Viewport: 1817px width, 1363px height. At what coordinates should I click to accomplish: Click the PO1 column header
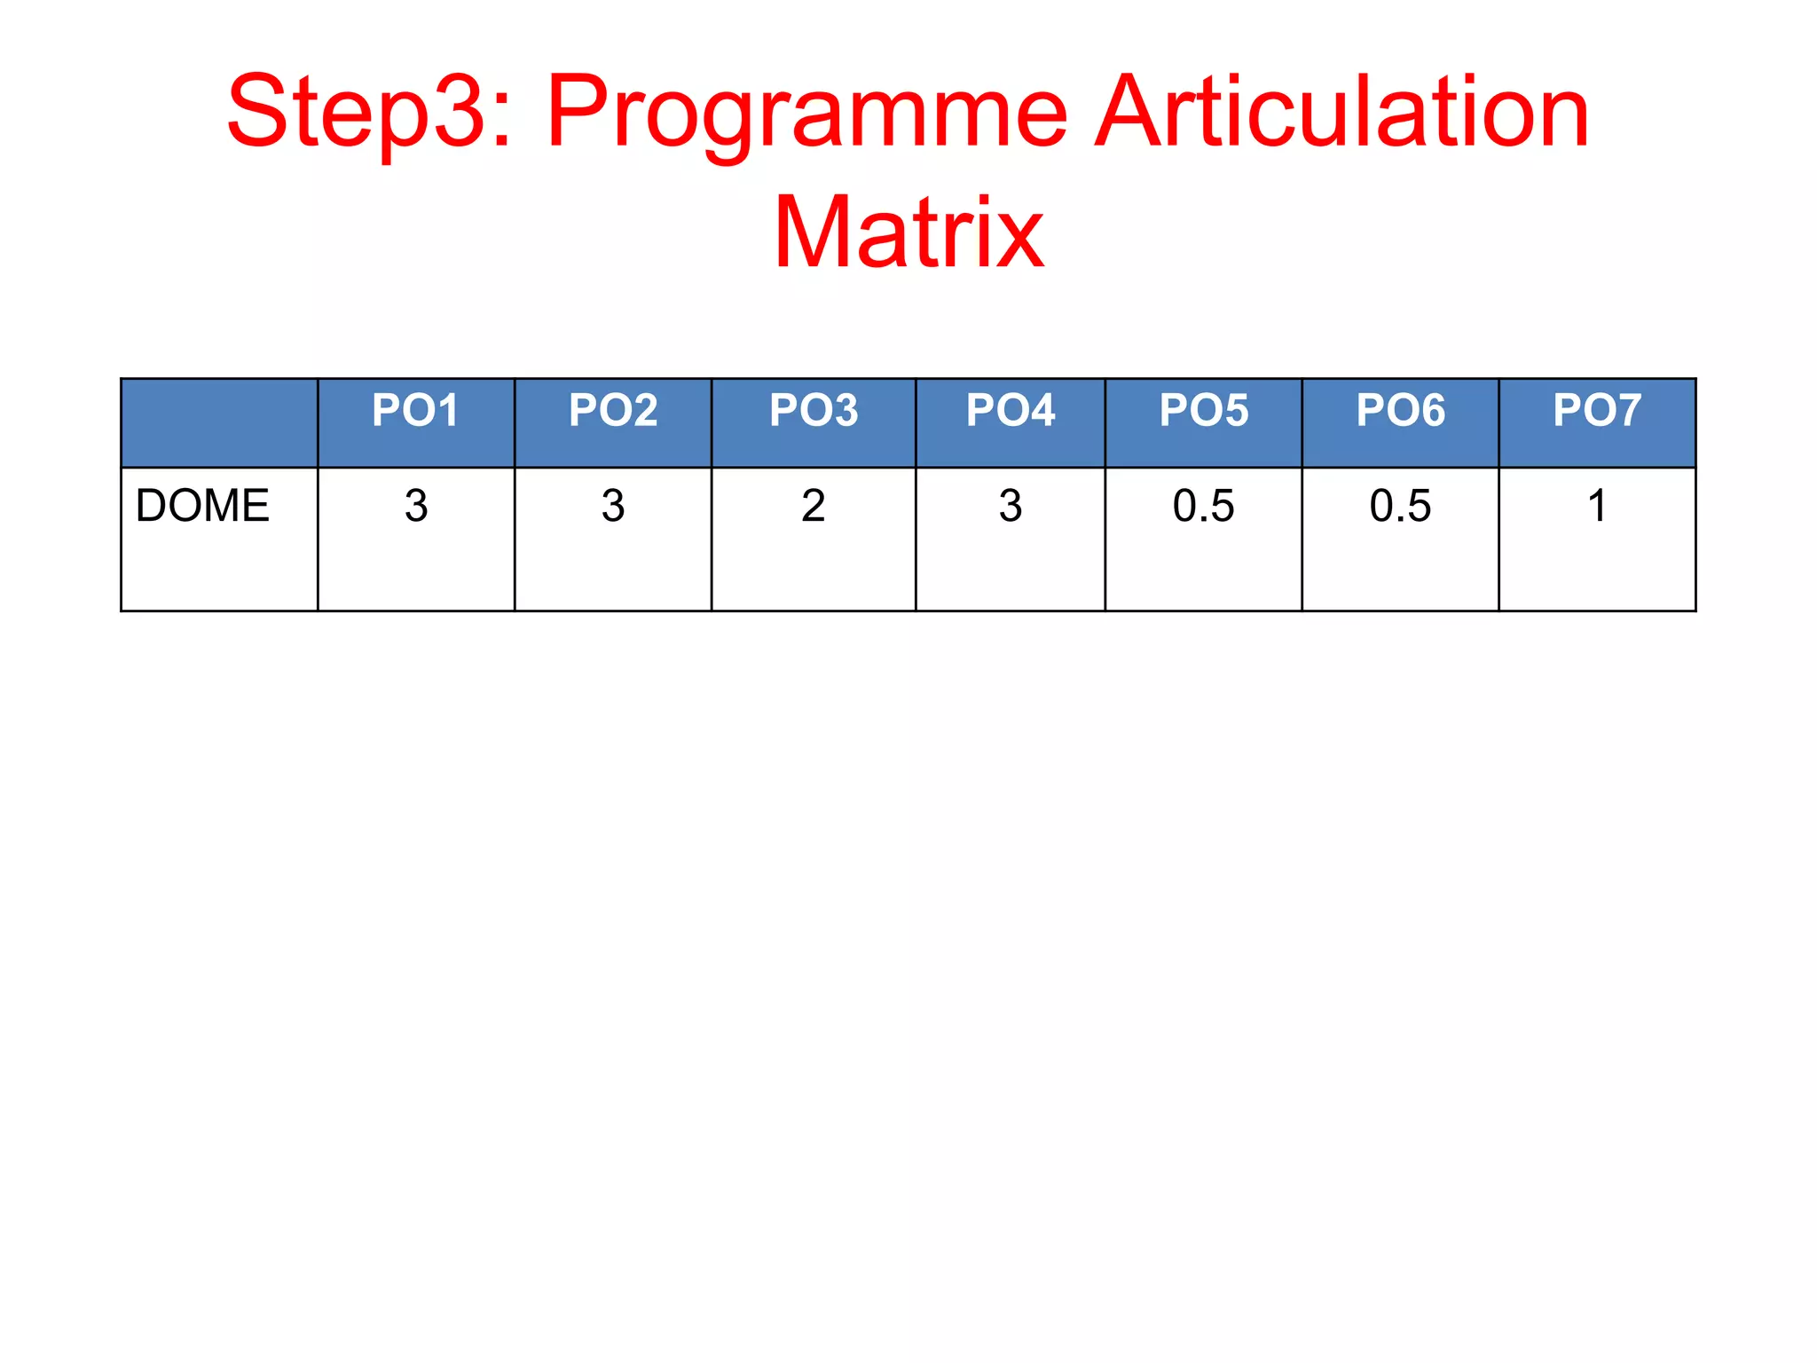tap(415, 411)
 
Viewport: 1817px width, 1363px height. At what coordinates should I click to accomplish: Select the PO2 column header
tap(613, 411)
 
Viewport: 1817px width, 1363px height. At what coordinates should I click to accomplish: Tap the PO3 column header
tap(814, 411)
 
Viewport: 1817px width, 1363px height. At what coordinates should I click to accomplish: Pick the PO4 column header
tap(1011, 411)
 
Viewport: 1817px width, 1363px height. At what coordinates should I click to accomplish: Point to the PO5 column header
tap(1204, 411)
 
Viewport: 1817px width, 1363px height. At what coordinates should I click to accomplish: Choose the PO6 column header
tap(1401, 411)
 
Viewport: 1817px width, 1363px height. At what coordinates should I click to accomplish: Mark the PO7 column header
tap(1597, 411)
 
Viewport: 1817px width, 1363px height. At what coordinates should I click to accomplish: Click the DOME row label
tap(202, 506)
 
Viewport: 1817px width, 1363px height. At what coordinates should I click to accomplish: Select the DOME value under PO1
tap(416, 506)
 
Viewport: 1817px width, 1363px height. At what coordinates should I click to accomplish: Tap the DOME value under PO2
tap(613, 506)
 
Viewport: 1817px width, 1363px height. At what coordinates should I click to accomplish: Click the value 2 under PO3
tap(814, 506)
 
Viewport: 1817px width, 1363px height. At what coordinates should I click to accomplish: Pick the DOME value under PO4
tap(1011, 506)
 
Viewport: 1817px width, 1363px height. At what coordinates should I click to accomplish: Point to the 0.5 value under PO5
tap(1204, 506)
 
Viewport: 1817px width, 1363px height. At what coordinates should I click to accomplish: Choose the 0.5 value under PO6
tap(1401, 506)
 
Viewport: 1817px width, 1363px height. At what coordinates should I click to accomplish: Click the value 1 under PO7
tap(1597, 506)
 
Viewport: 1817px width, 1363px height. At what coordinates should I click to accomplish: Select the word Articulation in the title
tap(1341, 114)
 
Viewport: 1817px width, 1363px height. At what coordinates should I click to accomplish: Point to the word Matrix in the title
tap(908, 232)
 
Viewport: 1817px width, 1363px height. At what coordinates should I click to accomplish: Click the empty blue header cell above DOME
tap(219, 423)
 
